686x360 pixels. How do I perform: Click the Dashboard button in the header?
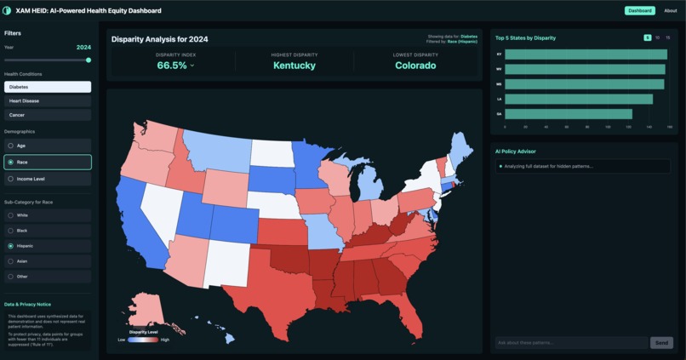tap(640, 11)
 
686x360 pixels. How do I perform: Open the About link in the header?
tap(670, 11)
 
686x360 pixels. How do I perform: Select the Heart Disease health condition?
tap(47, 100)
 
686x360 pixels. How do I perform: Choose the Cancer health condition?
tap(47, 114)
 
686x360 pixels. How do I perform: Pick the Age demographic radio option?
tap(47, 146)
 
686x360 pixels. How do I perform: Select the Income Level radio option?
tap(47, 179)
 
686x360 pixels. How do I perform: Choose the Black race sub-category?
tap(47, 231)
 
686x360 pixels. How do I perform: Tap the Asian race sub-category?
tap(47, 261)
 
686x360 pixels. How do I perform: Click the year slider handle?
tap(89, 60)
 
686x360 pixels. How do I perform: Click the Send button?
tap(661, 343)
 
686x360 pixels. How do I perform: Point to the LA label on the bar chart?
tap(499, 99)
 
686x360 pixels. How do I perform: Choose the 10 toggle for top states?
tap(657, 38)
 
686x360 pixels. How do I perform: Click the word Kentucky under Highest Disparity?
tap(294, 66)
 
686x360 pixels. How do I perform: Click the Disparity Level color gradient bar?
tap(143, 340)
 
